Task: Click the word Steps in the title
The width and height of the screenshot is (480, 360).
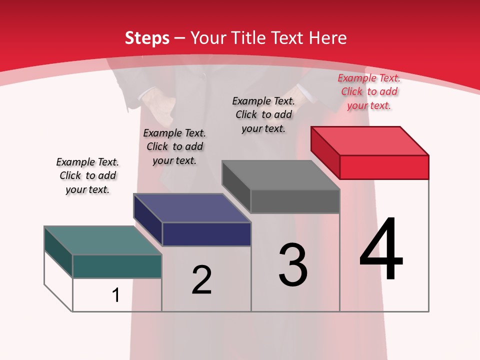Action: tap(147, 38)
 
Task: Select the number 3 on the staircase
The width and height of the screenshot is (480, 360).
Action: tap(293, 265)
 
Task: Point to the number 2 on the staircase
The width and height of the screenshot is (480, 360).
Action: tap(202, 280)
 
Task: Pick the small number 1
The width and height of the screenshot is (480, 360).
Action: tap(116, 295)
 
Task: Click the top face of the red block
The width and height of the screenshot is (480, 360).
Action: tap(370, 140)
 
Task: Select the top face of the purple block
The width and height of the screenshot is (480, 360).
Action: tap(192, 208)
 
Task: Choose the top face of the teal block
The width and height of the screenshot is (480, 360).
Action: tap(103, 240)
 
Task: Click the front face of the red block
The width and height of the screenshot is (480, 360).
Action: tap(384, 167)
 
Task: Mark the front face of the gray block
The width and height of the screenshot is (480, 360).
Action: tap(295, 201)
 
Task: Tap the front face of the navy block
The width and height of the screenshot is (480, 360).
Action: tap(206, 234)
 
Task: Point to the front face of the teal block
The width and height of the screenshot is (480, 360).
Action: tap(117, 266)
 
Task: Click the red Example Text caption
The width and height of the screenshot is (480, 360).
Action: tap(369, 91)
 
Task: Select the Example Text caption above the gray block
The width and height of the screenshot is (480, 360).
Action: tap(263, 114)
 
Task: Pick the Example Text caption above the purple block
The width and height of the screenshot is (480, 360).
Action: tap(174, 146)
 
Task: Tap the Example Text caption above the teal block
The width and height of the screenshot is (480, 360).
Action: tap(87, 175)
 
